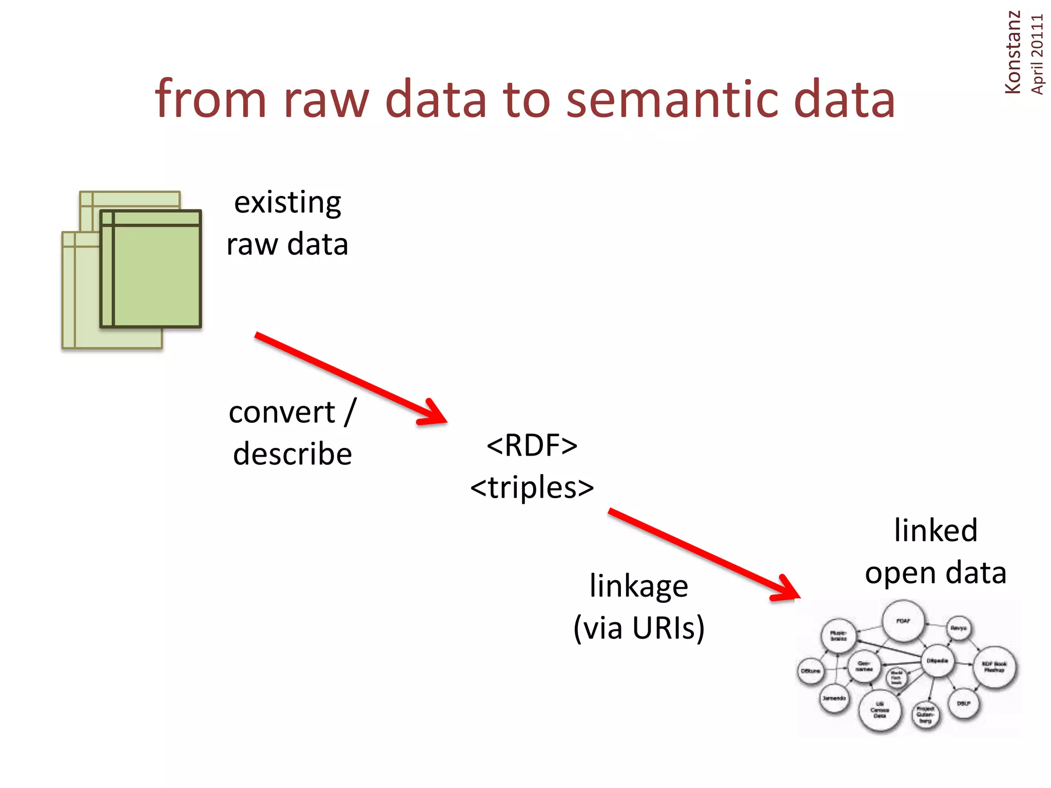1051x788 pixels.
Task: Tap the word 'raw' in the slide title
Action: tap(326, 100)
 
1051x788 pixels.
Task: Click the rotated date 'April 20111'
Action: tap(1037, 54)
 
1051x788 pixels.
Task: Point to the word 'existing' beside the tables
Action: tap(287, 203)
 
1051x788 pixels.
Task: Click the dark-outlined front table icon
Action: tap(151, 269)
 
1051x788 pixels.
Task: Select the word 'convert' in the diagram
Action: tap(282, 412)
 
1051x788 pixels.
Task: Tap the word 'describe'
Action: tap(293, 455)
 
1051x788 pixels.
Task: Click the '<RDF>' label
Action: tap(532, 445)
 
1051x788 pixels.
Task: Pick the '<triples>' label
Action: tap(532, 487)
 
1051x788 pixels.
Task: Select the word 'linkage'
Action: tap(638, 586)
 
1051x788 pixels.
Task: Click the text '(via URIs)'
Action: tap(639, 628)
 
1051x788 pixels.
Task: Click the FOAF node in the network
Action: tap(903, 621)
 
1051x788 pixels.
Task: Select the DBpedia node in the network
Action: tap(938, 661)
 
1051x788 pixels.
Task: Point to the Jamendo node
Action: tap(834, 698)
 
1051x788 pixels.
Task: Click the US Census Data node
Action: tap(880, 710)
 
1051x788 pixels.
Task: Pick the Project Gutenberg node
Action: tap(925, 715)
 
